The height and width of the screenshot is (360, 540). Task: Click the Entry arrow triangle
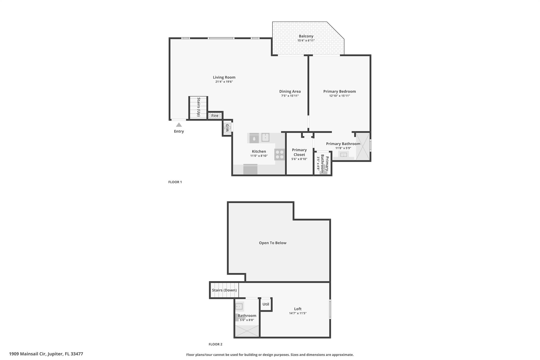179,125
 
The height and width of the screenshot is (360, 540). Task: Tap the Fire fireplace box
215,116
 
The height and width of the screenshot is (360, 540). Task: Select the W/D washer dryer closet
227,128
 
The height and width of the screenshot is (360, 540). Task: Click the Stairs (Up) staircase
198,107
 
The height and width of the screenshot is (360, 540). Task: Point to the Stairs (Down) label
224,290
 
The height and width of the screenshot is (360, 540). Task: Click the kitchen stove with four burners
279,155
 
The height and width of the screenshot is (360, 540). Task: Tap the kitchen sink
265,137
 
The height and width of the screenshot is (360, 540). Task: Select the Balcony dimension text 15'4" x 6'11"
306,41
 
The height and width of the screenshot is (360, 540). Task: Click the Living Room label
224,77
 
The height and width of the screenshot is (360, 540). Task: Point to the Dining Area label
290,92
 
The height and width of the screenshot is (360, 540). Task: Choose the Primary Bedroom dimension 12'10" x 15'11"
339,96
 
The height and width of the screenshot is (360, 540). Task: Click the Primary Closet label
299,152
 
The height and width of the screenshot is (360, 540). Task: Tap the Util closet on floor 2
266,304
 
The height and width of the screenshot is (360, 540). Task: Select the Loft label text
298,309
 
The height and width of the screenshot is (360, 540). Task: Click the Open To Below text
272,243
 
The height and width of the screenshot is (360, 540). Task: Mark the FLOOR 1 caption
175,182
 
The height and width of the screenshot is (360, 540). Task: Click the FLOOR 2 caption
215,344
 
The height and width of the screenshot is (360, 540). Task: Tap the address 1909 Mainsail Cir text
46,354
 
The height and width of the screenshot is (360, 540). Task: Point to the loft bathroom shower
247,331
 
